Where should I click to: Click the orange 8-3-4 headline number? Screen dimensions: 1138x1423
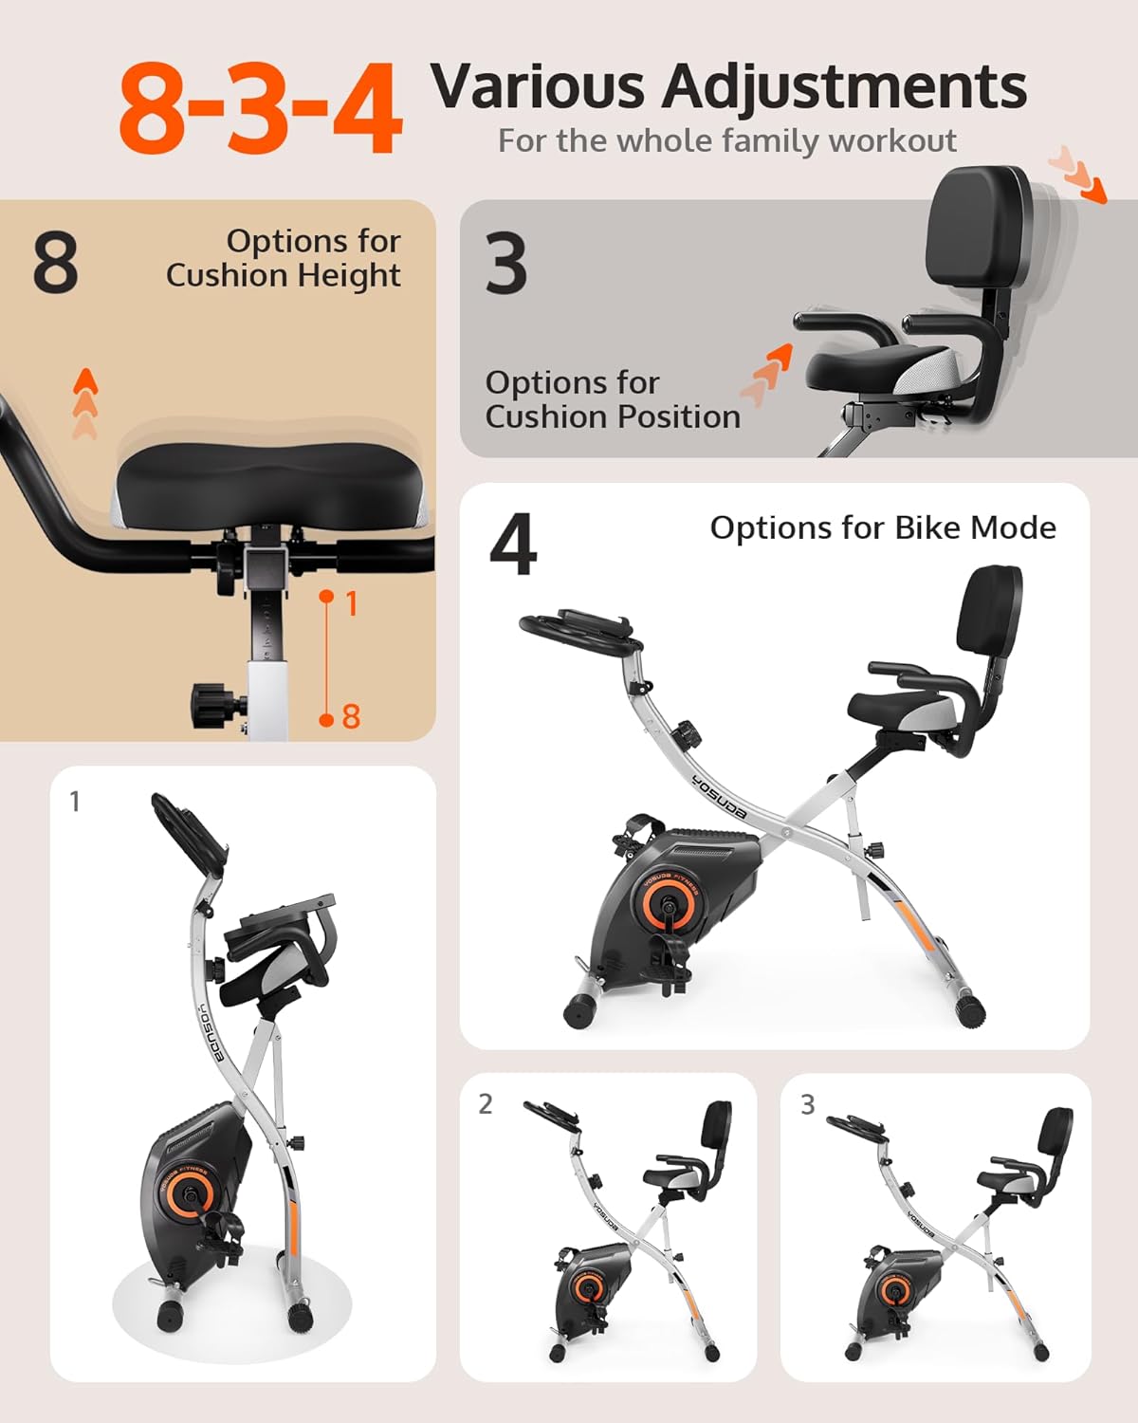pyautogui.click(x=260, y=108)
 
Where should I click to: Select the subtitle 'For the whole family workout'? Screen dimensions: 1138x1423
pyautogui.click(x=726, y=141)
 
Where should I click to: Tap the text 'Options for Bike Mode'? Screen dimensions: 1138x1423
pyautogui.click(x=883, y=528)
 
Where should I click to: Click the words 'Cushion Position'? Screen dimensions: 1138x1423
pyautogui.click(x=613, y=417)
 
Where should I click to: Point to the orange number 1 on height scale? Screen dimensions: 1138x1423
pyautogui.click(x=351, y=603)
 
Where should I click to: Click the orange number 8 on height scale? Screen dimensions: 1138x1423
pyautogui.click(x=351, y=717)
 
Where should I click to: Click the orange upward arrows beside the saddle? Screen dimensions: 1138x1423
pyautogui.click(x=85, y=402)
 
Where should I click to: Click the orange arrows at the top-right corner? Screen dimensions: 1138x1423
pyautogui.click(x=1075, y=175)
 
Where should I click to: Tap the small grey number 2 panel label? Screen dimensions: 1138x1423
pyautogui.click(x=486, y=1104)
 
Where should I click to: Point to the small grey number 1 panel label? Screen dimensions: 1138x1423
pyautogui.click(x=75, y=802)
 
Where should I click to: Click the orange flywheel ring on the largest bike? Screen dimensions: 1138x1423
pyautogui.click(x=667, y=902)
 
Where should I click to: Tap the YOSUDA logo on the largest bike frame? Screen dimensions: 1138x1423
pyautogui.click(x=720, y=798)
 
